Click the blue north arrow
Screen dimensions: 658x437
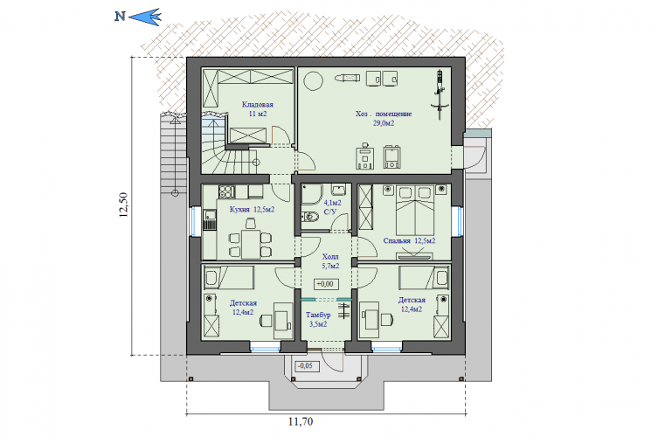[x=145, y=17]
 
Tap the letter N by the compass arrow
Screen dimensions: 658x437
[x=120, y=17]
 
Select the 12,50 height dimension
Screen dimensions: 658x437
[x=123, y=205]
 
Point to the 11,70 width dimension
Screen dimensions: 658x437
[x=301, y=421]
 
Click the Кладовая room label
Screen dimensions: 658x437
[x=257, y=105]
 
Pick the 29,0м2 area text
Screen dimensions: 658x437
[x=384, y=123]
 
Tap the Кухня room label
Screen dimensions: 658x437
[x=239, y=209]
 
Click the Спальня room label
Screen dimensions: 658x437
[x=397, y=241]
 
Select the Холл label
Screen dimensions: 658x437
[x=330, y=256]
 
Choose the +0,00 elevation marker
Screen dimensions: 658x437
[x=325, y=284]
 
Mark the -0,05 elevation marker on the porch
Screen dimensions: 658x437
[x=305, y=365]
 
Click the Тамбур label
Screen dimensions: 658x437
[x=318, y=315]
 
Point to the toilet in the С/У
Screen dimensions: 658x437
[x=310, y=217]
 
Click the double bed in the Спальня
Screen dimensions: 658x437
[x=414, y=210]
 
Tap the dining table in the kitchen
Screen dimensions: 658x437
[x=251, y=245]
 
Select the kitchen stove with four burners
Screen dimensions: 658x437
[x=226, y=192]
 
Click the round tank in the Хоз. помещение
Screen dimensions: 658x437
[x=313, y=80]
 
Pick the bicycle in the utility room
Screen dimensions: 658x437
[x=440, y=95]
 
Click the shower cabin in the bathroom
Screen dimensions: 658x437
[x=311, y=194]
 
